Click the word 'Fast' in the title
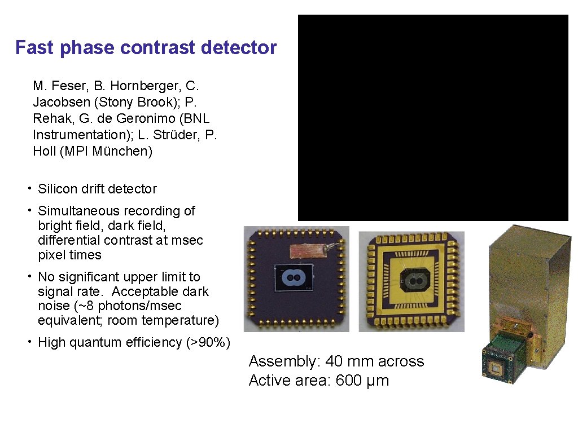pyautogui.click(x=35, y=47)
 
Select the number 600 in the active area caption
pyautogui.click(x=350, y=381)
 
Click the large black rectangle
pyautogui.click(x=433, y=118)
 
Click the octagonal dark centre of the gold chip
pyautogui.click(x=415, y=279)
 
